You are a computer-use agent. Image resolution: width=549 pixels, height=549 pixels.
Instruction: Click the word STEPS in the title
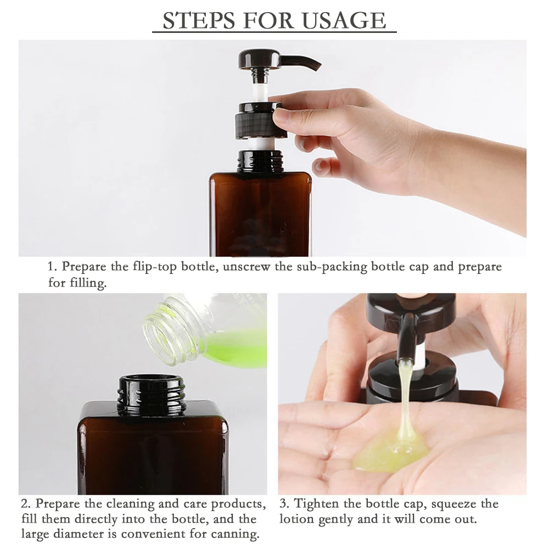pos(199,20)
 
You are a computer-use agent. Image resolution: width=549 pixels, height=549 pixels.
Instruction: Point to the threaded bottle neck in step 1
pos(260,161)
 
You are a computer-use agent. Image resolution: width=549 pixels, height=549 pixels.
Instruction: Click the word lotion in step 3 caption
pos(296,519)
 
